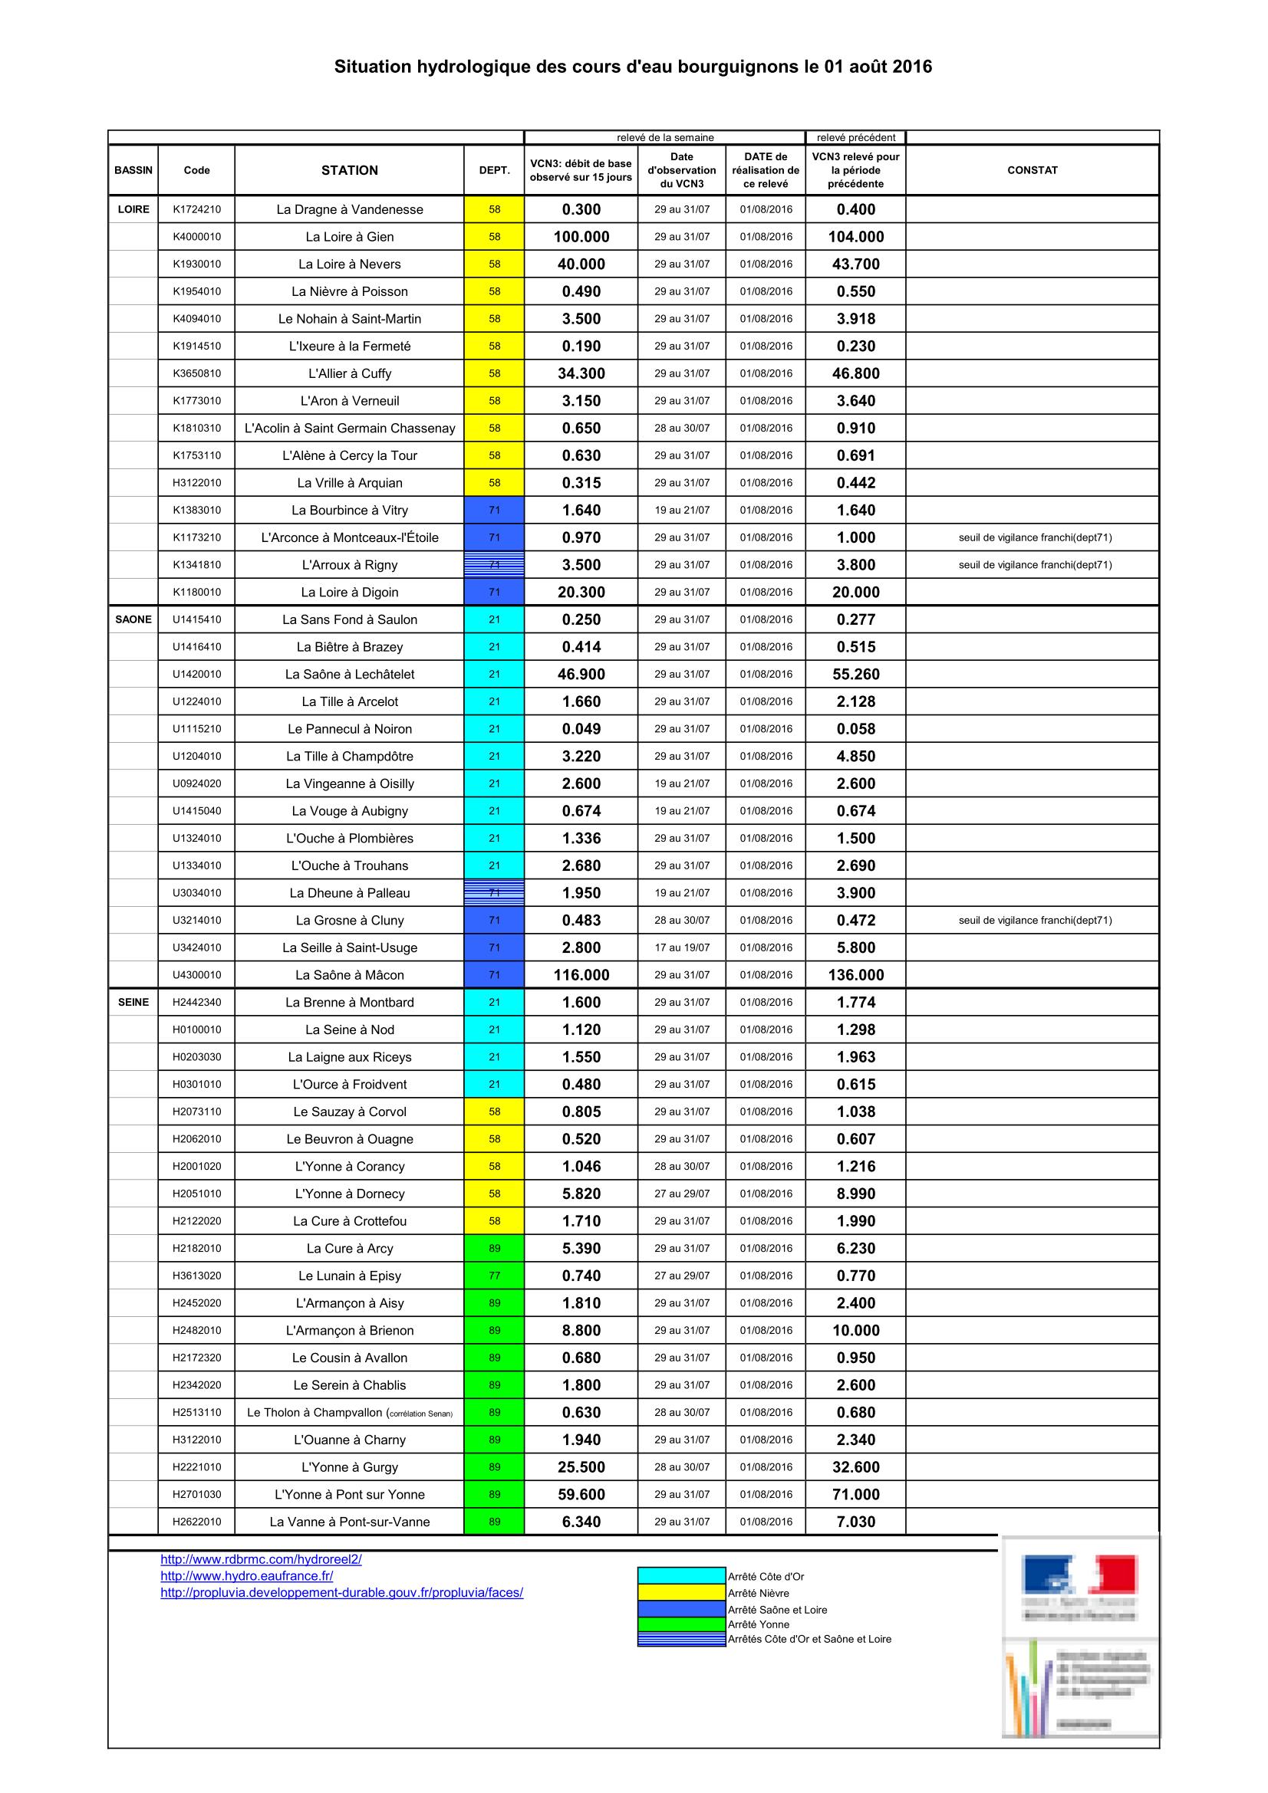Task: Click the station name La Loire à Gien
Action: (x=349, y=237)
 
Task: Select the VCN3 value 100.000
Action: (x=581, y=237)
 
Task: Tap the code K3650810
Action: (x=197, y=373)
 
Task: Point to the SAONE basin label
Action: (x=133, y=619)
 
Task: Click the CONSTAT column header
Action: (x=1032, y=170)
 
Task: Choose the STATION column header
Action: (x=349, y=170)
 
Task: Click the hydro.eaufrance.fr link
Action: (x=247, y=1576)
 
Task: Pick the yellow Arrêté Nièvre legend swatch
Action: (x=681, y=1592)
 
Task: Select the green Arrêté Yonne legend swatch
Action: (x=681, y=1624)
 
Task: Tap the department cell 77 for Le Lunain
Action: (x=494, y=1276)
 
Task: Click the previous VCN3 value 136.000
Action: (x=855, y=974)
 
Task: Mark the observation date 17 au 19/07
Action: (x=682, y=947)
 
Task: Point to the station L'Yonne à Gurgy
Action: (x=349, y=1466)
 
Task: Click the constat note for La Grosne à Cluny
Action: (x=1034, y=920)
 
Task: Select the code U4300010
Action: (x=197, y=974)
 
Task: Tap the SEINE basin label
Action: (x=133, y=1002)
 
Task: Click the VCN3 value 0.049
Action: (x=581, y=728)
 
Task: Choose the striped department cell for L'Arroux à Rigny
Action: (x=494, y=565)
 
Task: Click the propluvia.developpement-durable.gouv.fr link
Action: (x=341, y=1592)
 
